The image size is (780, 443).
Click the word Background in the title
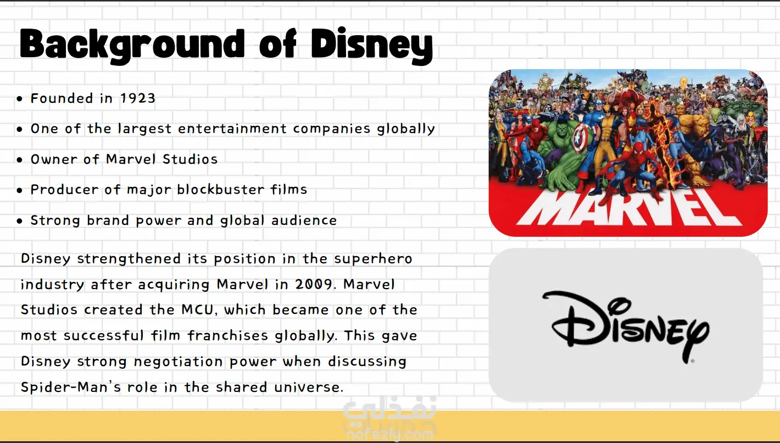tap(132, 45)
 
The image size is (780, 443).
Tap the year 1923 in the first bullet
tap(138, 98)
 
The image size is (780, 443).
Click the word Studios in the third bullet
tap(190, 159)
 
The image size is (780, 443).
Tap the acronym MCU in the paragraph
tap(197, 310)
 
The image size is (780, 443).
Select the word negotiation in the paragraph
tap(179, 362)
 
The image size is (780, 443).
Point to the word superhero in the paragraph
tap(373, 259)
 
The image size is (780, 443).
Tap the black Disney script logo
tap(626, 326)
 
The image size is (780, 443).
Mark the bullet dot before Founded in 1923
tap(20, 98)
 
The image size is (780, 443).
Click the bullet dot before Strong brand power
tap(20, 220)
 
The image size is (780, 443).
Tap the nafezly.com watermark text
tap(390, 435)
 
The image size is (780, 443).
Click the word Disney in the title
tap(372, 45)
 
